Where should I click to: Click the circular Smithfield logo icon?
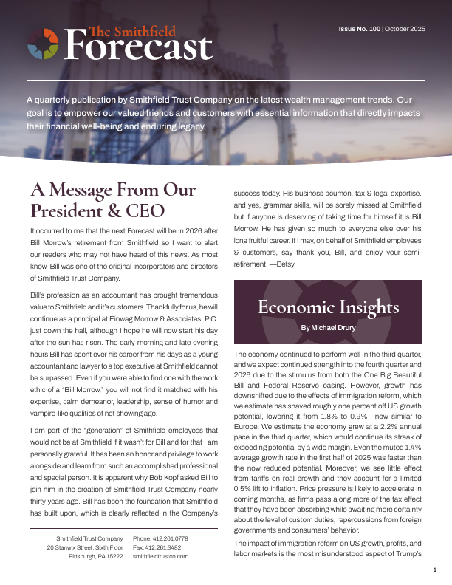click(43, 44)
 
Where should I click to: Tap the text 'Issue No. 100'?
click(360, 29)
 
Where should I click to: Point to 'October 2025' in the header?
click(405, 29)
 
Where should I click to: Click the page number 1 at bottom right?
click(435, 569)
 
